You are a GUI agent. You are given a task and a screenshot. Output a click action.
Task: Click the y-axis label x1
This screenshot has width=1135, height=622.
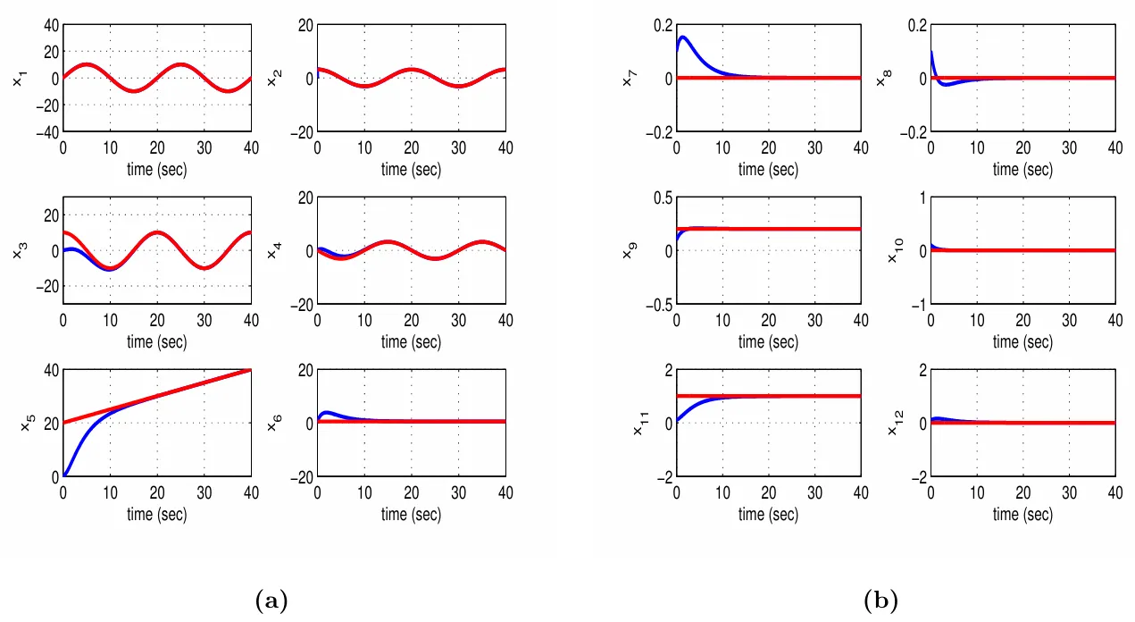point(19,79)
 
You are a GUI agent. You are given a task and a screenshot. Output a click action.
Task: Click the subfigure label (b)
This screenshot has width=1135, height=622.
point(880,601)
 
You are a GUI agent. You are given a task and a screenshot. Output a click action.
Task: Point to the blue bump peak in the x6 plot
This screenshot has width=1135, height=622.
point(327,412)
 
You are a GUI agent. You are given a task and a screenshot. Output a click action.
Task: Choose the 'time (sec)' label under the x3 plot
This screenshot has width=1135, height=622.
point(156,341)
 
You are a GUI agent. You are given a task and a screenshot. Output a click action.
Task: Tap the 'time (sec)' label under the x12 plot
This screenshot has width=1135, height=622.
point(1022,514)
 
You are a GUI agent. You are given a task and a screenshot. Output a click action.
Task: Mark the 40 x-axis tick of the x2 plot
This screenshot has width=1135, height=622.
point(504,148)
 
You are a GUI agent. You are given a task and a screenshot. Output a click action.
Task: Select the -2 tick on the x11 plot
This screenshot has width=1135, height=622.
point(662,477)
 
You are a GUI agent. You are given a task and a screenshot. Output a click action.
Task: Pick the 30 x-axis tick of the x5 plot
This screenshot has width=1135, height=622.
point(204,493)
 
